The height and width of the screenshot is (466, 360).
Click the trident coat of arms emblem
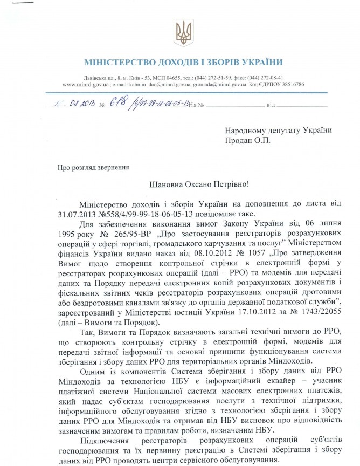click(x=183, y=33)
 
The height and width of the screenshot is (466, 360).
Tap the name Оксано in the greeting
click(x=192, y=184)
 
